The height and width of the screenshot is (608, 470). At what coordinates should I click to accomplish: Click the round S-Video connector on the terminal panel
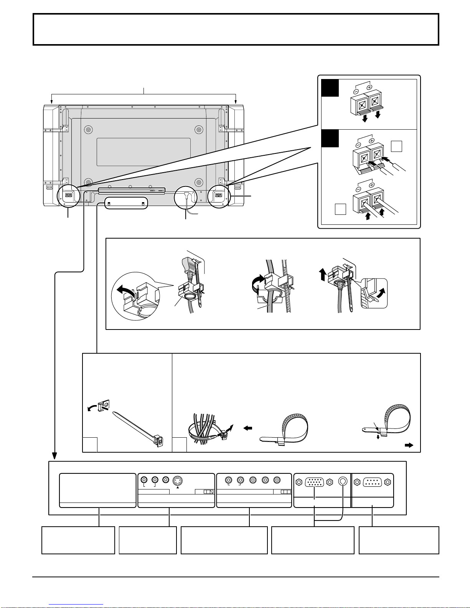pyautogui.click(x=177, y=481)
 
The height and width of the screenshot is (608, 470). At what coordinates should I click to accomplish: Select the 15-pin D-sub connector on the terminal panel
pyautogui.click(x=314, y=482)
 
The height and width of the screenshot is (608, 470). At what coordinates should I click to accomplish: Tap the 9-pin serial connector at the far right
pyautogui.click(x=372, y=482)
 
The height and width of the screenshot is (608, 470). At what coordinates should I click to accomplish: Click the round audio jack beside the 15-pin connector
pyautogui.click(x=343, y=482)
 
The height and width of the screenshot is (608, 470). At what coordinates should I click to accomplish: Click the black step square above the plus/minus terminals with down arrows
pyautogui.click(x=330, y=88)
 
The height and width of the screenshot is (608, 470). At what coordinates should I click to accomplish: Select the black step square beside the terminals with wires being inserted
pyautogui.click(x=330, y=138)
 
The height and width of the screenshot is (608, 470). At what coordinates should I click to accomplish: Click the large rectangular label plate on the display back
pyautogui.click(x=143, y=152)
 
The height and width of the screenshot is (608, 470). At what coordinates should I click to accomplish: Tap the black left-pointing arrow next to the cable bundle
pyautogui.click(x=248, y=428)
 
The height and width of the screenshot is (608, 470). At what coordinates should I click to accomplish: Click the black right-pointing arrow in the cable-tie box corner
pyautogui.click(x=409, y=445)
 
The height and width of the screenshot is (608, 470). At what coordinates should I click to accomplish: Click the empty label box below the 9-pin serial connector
pyautogui.click(x=399, y=540)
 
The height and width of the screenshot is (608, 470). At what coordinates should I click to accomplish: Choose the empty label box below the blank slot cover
pyautogui.click(x=78, y=540)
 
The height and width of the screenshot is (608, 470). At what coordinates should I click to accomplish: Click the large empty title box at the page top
pyautogui.click(x=236, y=30)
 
